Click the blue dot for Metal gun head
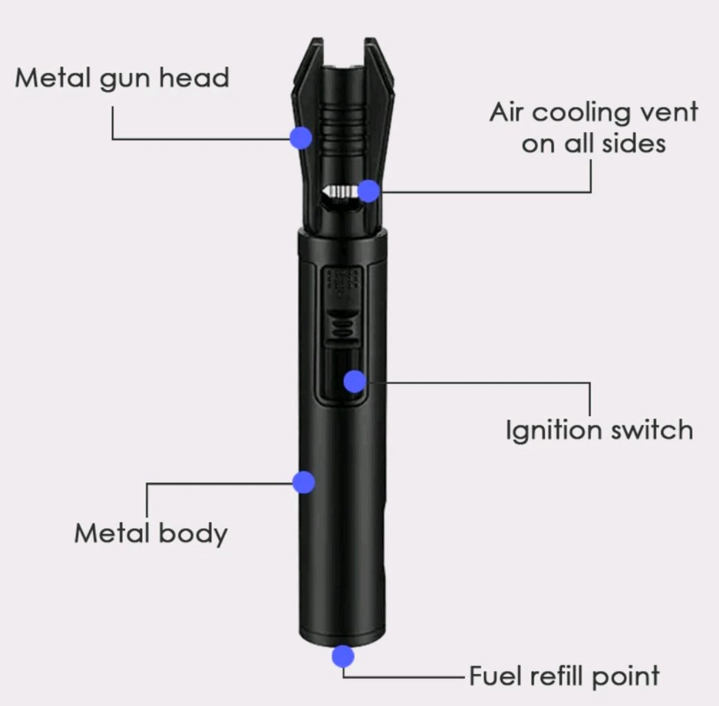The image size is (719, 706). (x=301, y=138)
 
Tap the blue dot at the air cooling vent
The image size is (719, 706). (x=369, y=191)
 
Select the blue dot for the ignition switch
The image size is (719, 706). (x=355, y=381)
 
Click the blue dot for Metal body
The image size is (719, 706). (x=304, y=482)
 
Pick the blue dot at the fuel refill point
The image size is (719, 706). (x=343, y=656)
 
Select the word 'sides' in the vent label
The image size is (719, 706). (x=633, y=144)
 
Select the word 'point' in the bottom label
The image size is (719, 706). (x=626, y=677)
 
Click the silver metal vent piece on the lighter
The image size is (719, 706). (x=339, y=191)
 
